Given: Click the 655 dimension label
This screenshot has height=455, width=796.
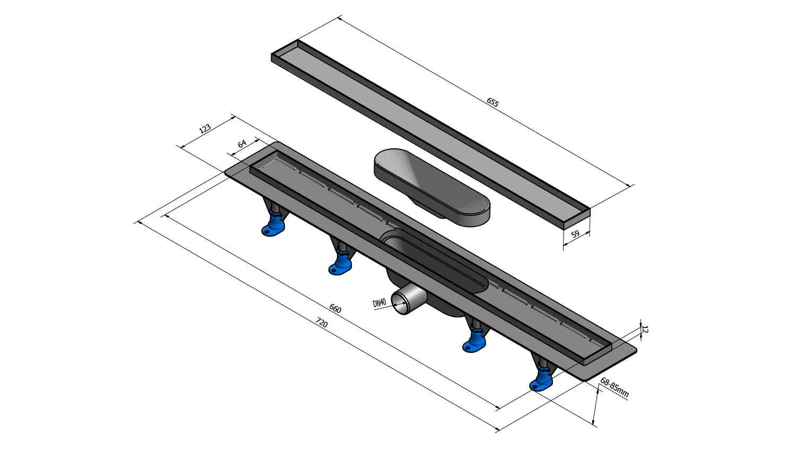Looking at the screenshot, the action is pyautogui.click(x=492, y=102).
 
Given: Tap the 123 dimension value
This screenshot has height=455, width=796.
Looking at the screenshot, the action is pyautogui.click(x=205, y=129).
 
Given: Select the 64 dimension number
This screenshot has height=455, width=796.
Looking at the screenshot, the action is pyautogui.click(x=242, y=144).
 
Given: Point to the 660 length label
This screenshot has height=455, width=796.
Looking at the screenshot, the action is pyautogui.click(x=335, y=308).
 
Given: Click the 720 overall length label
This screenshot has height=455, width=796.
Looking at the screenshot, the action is pyautogui.click(x=322, y=323).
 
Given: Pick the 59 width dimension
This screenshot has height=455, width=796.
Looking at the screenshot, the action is pyautogui.click(x=575, y=234).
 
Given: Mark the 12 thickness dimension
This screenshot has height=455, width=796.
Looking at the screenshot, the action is pyautogui.click(x=645, y=330).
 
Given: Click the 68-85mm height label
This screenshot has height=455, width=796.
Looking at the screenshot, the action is pyautogui.click(x=615, y=387).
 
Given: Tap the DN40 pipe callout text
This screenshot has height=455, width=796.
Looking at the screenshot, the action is pyautogui.click(x=379, y=303).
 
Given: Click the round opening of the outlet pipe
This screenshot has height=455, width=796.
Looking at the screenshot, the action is pyautogui.click(x=401, y=303).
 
